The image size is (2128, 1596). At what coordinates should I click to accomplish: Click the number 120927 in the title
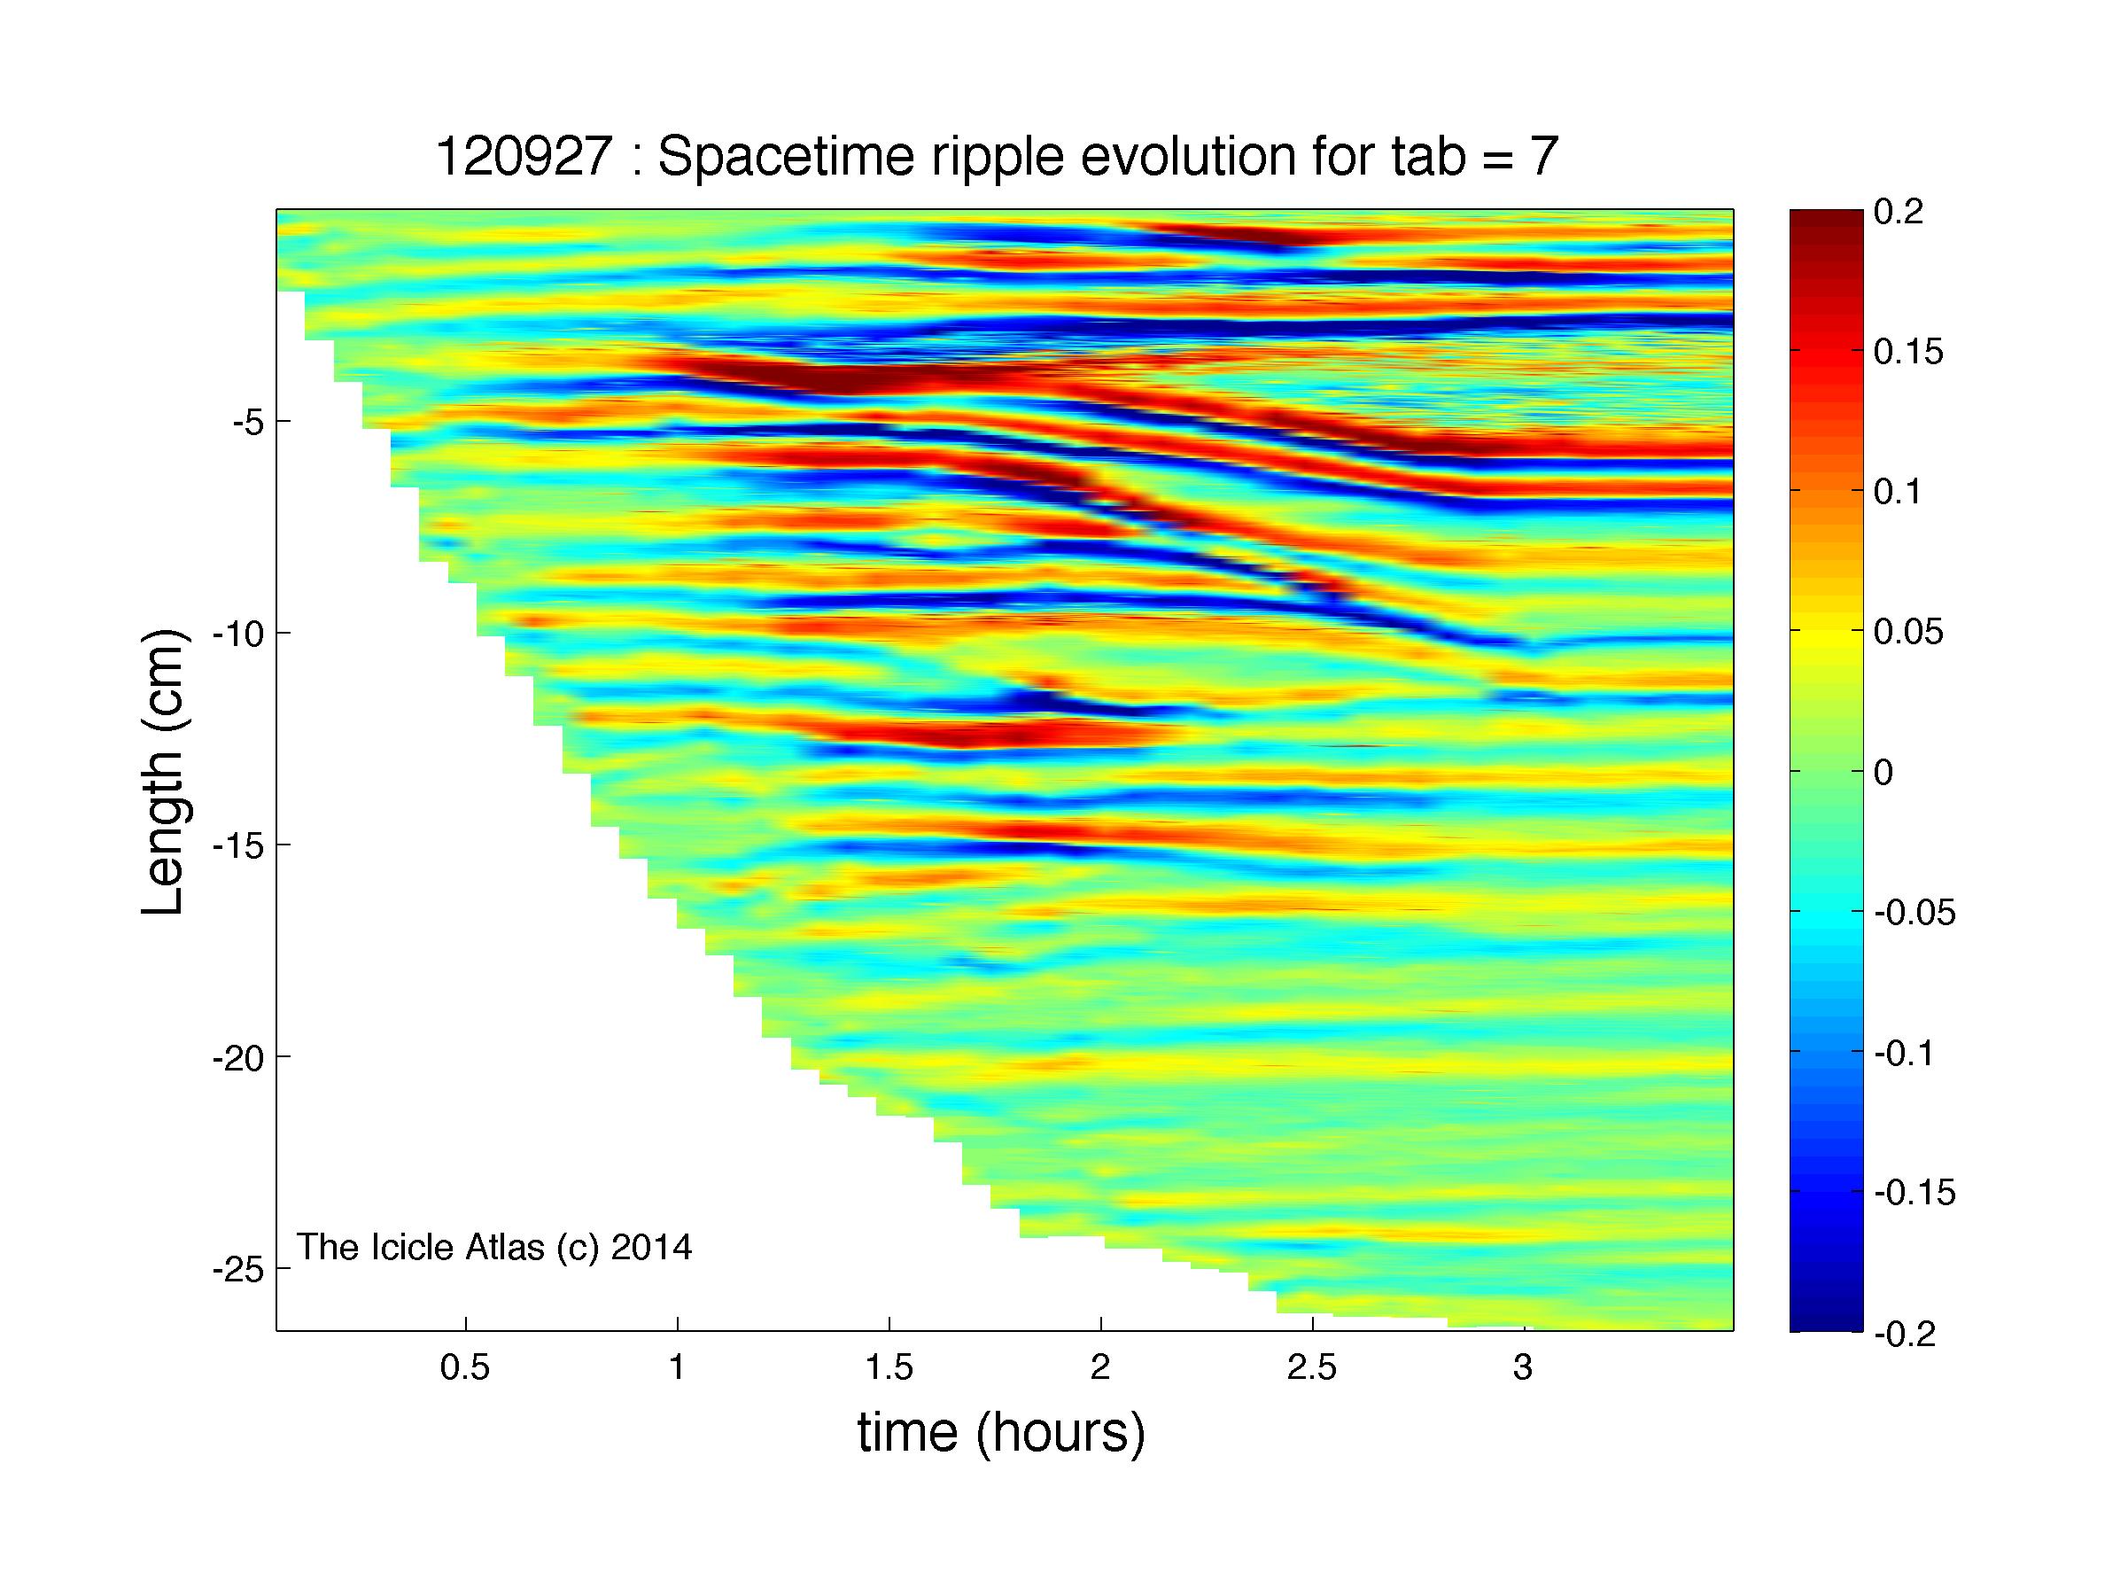(524, 157)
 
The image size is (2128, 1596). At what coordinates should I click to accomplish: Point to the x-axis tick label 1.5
(888, 1367)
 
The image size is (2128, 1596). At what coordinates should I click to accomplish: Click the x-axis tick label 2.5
(1311, 1367)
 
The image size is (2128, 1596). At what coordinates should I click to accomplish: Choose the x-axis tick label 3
(1522, 1367)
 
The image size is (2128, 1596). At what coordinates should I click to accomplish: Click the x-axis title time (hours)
(1001, 1432)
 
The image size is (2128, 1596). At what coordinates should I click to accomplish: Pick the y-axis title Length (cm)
(161, 773)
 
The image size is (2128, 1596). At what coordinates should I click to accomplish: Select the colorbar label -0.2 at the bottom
(1904, 1335)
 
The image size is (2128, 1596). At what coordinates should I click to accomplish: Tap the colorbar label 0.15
(1908, 352)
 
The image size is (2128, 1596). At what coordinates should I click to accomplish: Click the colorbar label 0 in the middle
(1883, 773)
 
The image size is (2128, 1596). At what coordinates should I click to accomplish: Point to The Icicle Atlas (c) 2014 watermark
(493, 1247)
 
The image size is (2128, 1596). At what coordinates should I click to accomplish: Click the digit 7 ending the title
(1542, 157)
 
